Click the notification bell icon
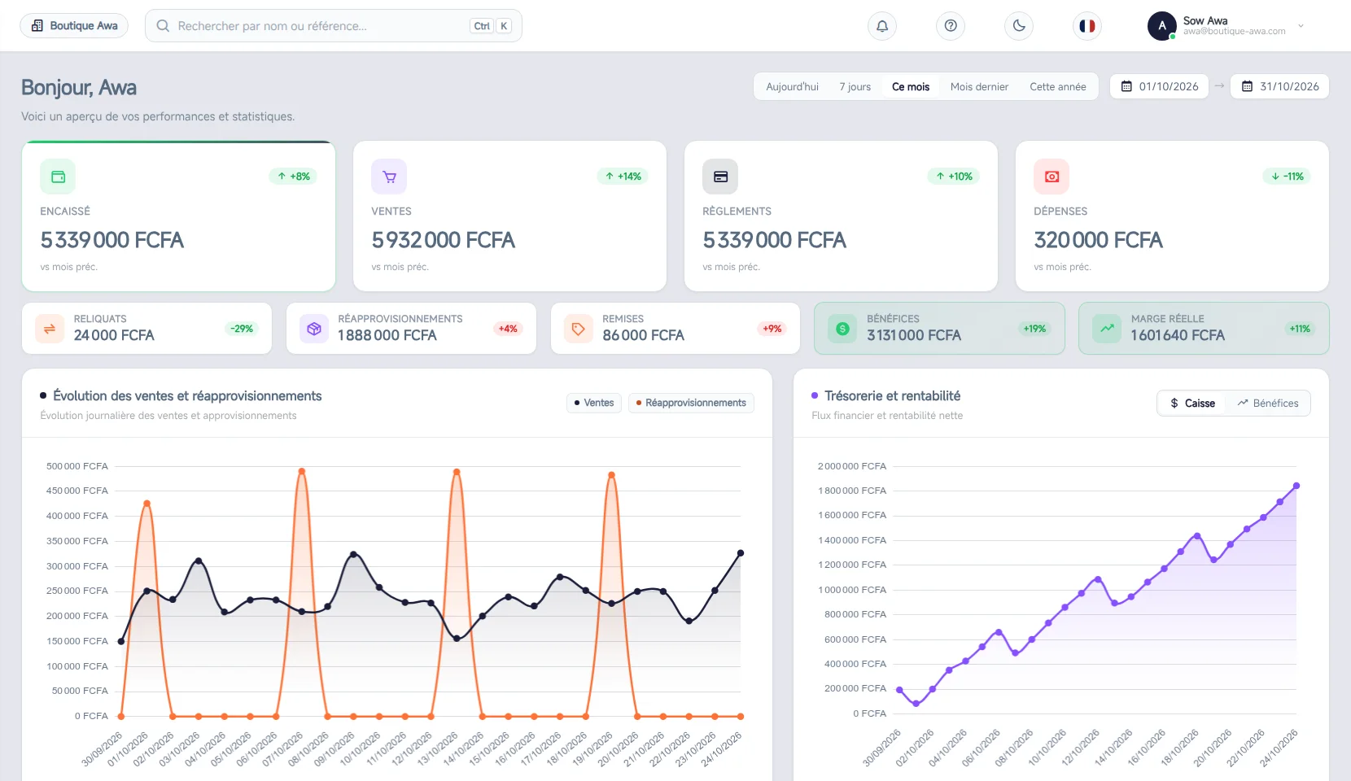tap(881, 26)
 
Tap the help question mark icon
tap(951, 26)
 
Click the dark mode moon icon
tap(1019, 26)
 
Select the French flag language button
tap(1086, 26)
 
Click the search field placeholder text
tap(272, 26)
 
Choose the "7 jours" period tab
tap(855, 86)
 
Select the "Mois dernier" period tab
tap(979, 86)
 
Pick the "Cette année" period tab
tap(1057, 86)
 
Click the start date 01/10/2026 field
tap(1159, 86)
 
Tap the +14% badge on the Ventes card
tap(623, 176)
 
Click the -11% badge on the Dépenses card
tap(1287, 176)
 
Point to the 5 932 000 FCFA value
tap(443, 240)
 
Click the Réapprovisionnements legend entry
tap(691, 403)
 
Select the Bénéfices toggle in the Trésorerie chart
tap(1268, 403)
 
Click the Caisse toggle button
tap(1192, 403)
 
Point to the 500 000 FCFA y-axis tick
tap(77, 466)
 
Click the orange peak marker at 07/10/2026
tap(302, 471)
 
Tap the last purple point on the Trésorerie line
tap(1296, 486)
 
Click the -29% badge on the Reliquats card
tap(241, 329)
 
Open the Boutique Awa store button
tap(74, 26)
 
